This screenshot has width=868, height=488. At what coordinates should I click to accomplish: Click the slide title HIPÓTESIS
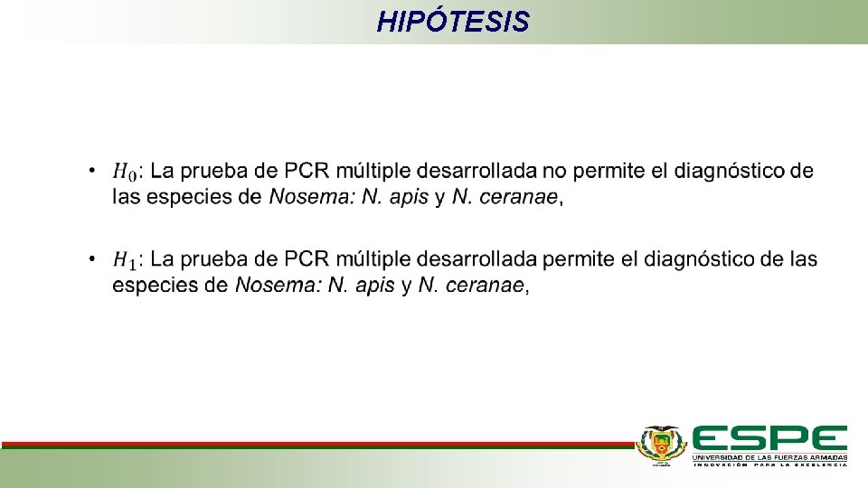click(453, 21)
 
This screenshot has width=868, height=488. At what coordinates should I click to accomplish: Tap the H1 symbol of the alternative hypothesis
click(125, 261)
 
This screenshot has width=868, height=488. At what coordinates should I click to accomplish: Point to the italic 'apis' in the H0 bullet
click(409, 197)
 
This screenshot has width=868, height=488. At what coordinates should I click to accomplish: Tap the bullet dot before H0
click(92, 169)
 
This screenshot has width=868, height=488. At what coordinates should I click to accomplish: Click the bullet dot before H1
click(92, 259)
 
